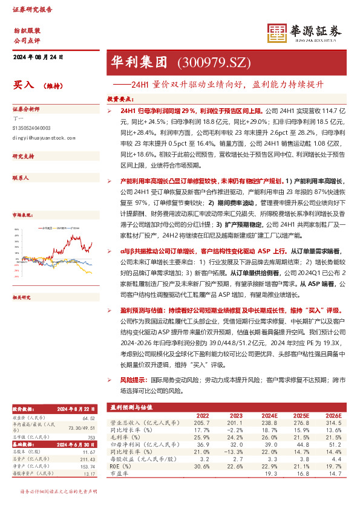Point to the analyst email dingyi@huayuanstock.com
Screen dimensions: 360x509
pos(43,138)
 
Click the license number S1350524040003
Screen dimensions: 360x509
pos(32,128)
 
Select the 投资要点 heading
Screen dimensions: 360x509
pos(120,98)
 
